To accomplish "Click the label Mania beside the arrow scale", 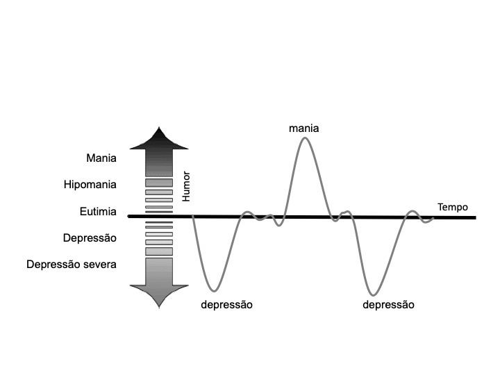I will (x=101, y=158).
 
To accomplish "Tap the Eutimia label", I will (x=97, y=212).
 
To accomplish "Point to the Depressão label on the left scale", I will (x=89, y=237).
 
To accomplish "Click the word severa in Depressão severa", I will (x=101, y=265).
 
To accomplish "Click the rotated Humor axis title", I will (x=185, y=187).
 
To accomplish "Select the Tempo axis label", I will (x=452, y=207).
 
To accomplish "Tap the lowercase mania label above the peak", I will (x=304, y=128).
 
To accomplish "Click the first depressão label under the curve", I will (x=226, y=305).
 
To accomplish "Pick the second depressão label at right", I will (x=388, y=305).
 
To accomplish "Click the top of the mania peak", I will (x=305, y=138).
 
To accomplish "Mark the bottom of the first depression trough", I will (x=215, y=290).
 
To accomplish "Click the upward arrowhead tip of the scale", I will (x=160, y=128).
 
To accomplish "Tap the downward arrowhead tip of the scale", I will (x=160, y=306).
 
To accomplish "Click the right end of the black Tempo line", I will (x=475, y=218).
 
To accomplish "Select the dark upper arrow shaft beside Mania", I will (x=159, y=162).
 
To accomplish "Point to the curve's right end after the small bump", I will (x=433, y=218).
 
